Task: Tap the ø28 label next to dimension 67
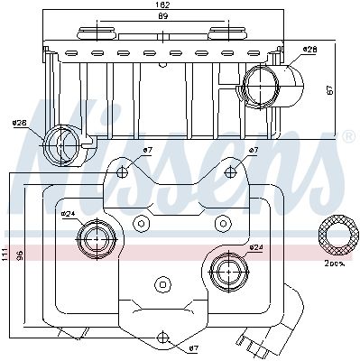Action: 309,49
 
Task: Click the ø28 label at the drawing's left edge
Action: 19,125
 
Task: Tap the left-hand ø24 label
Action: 68,214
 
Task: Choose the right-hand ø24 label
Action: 255,247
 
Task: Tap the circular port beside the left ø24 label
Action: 95,238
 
